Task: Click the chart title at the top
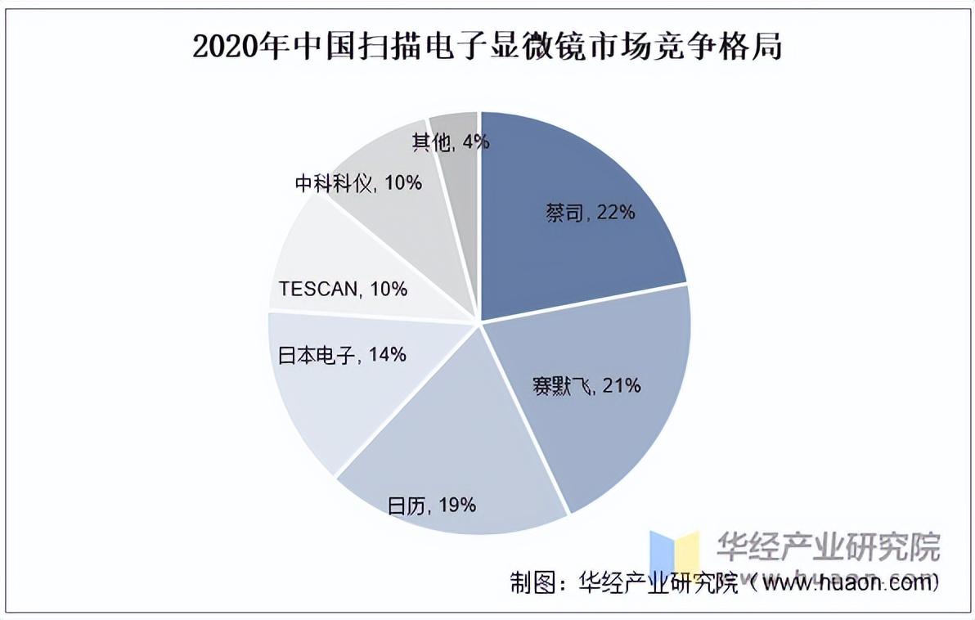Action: point(487,47)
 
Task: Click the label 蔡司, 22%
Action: point(590,213)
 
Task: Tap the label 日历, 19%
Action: point(432,505)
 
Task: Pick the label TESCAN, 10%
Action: point(342,289)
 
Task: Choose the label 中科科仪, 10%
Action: point(358,183)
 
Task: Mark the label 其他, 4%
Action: point(451,142)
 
